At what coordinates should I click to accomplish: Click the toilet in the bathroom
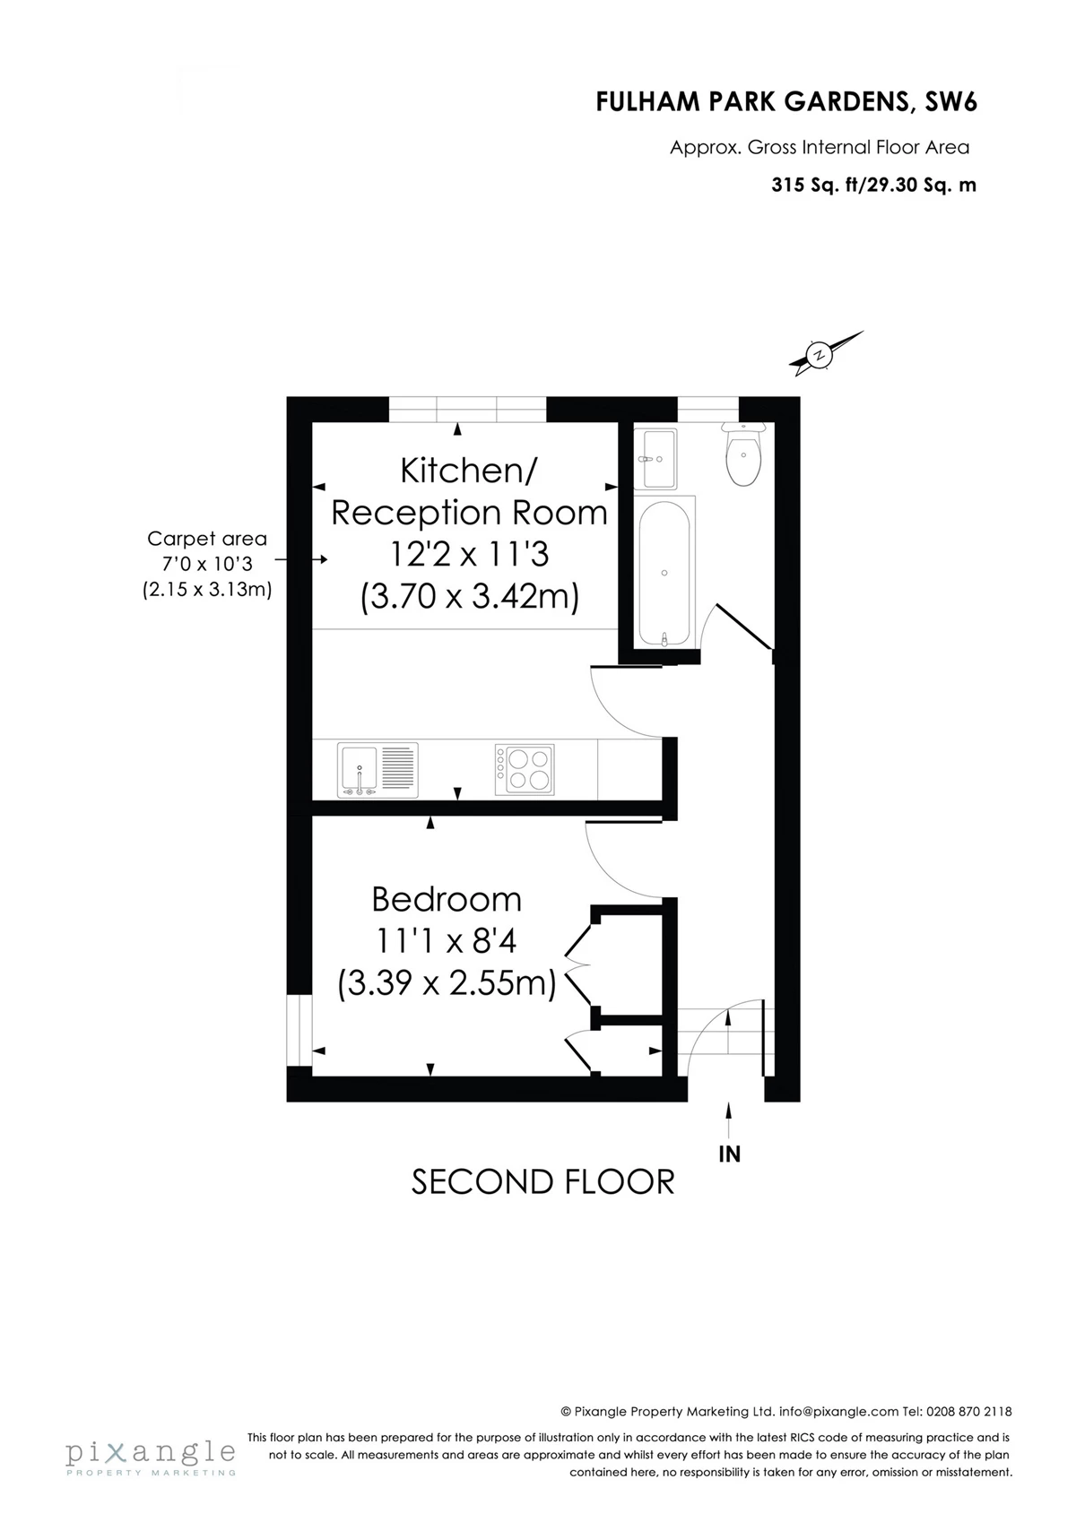(x=743, y=454)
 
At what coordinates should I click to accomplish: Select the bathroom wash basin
(x=657, y=459)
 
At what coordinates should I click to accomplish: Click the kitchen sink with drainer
(x=377, y=771)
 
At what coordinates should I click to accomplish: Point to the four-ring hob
(x=524, y=770)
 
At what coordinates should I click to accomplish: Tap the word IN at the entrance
(x=729, y=1154)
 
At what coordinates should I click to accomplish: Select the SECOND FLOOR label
(x=542, y=1200)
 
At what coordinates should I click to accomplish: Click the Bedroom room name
(x=447, y=900)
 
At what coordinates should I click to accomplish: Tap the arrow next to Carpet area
(x=301, y=559)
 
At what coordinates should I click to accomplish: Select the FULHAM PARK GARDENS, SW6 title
(x=786, y=102)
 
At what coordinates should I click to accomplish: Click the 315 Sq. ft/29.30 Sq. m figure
(x=873, y=185)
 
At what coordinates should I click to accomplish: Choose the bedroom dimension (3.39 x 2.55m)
(x=447, y=984)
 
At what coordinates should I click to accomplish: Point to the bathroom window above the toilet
(x=707, y=410)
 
